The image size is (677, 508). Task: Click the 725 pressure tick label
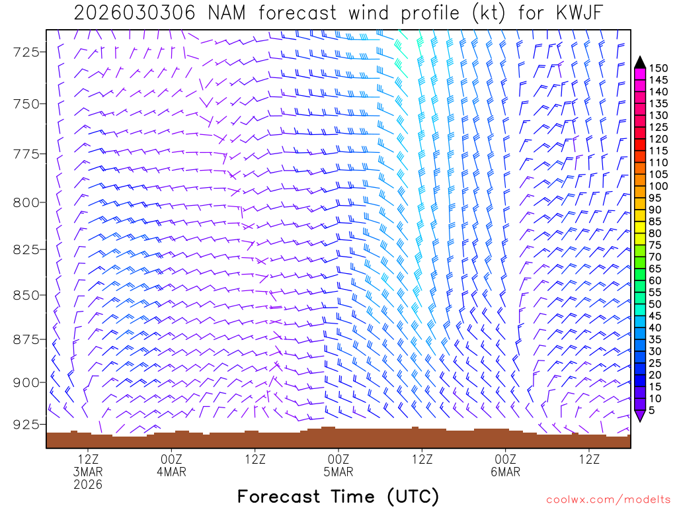[24, 52]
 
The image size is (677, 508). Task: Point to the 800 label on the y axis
[24, 202]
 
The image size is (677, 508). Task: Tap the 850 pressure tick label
[24, 295]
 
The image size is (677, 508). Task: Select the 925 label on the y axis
[24, 424]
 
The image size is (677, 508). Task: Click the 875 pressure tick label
[24, 340]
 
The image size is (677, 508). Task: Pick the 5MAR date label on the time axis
[338, 472]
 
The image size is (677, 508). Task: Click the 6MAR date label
[505, 472]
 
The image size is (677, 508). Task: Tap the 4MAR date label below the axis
[171, 472]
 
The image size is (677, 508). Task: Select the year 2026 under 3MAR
[88, 485]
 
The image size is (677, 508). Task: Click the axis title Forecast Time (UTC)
[338, 496]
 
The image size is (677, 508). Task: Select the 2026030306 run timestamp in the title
[134, 13]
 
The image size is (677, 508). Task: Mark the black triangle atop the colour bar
[640, 63]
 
